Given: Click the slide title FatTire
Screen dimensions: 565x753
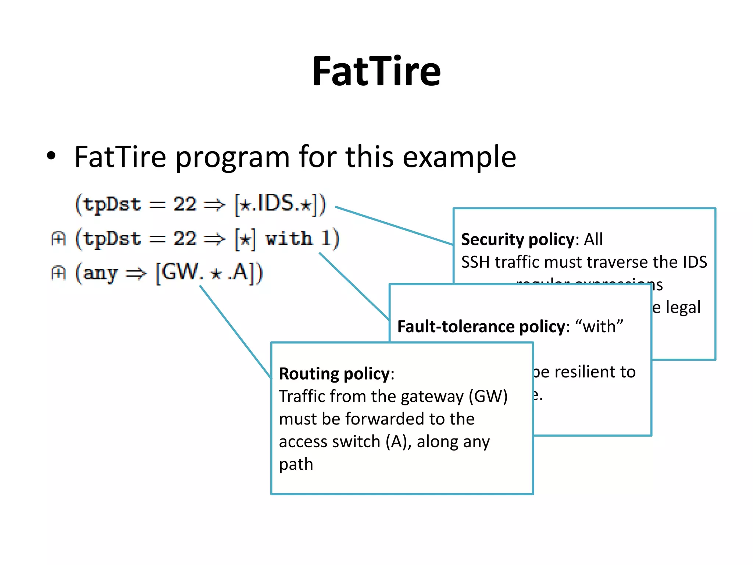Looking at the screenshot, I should [x=376, y=71].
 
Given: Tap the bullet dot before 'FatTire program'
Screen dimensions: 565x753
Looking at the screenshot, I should [x=51, y=156].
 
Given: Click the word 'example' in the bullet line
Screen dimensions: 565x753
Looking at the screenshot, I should [x=459, y=157].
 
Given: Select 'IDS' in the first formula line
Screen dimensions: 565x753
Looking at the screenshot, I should [x=276, y=203].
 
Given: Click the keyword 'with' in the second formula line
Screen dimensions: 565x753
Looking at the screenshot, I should [x=289, y=238].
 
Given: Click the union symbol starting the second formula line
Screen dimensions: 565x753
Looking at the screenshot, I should [x=58, y=239].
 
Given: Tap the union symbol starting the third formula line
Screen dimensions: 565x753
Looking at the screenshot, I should [x=58, y=273].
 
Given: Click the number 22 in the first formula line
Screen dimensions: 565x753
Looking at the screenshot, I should [x=185, y=204].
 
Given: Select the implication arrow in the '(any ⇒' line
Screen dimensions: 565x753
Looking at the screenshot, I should [x=136, y=274].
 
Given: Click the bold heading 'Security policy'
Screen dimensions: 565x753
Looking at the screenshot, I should [x=517, y=239].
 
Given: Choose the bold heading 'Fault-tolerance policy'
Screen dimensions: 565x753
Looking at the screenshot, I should [x=481, y=327].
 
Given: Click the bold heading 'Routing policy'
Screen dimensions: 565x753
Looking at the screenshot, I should [x=334, y=374].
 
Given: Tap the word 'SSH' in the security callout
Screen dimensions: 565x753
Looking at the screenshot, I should [x=477, y=262].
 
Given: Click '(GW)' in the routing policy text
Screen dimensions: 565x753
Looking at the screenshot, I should [x=488, y=397].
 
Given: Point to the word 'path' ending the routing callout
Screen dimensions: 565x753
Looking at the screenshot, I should [x=296, y=465].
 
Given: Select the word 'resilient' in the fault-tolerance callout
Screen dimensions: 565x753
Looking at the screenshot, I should [x=585, y=372].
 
